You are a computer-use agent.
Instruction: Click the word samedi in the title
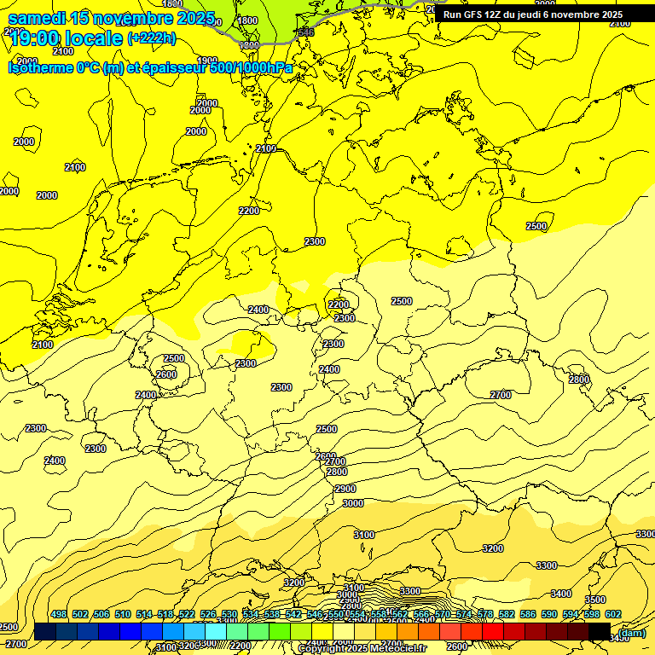37,18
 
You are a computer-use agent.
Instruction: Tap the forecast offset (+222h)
152,38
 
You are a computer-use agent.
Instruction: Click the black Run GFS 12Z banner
533,14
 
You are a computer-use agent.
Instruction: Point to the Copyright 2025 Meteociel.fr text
362,649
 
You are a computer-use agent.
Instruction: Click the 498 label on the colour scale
59,614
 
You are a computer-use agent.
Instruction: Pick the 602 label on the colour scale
613,614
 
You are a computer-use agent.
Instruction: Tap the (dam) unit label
632,633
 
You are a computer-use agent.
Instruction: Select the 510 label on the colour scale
123,614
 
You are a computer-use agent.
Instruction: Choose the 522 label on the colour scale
187,614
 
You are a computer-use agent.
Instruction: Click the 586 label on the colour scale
528,614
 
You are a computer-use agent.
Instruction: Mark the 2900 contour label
345,489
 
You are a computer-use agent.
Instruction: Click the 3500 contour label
594,600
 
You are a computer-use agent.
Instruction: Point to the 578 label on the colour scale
485,614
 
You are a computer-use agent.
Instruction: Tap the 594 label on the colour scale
571,614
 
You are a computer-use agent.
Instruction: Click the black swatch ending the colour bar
600,631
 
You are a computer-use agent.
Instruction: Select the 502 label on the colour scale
80,614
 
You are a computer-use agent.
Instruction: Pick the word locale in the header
92,38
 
